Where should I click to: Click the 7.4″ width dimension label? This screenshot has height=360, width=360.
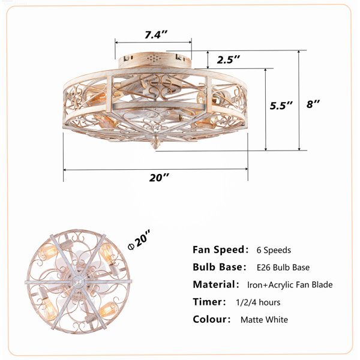[156, 35]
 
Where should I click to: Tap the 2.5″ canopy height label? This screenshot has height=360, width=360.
[229, 59]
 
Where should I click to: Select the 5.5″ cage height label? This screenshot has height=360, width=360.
[281, 106]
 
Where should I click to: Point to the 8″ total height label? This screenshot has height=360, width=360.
[313, 104]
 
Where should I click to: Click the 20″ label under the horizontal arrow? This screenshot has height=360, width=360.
[159, 178]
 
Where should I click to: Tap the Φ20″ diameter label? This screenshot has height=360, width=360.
[139, 239]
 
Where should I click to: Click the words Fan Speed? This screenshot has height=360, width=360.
[219, 250]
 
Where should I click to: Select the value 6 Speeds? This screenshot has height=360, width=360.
[274, 250]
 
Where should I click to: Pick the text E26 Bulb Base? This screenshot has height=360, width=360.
[283, 268]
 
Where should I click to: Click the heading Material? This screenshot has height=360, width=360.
[214, 284]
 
